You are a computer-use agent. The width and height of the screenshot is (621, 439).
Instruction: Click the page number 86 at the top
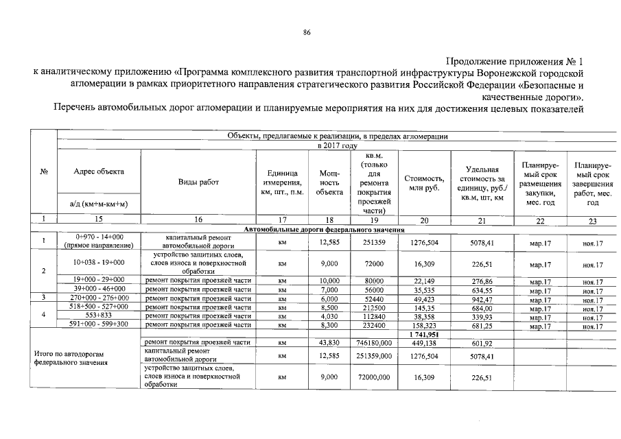[x=307, y=33]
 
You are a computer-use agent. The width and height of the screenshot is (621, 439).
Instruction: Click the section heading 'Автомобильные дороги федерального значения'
[x=324, y=230]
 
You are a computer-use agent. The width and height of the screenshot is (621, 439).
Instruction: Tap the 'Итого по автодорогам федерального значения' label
[x=71, y=357]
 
